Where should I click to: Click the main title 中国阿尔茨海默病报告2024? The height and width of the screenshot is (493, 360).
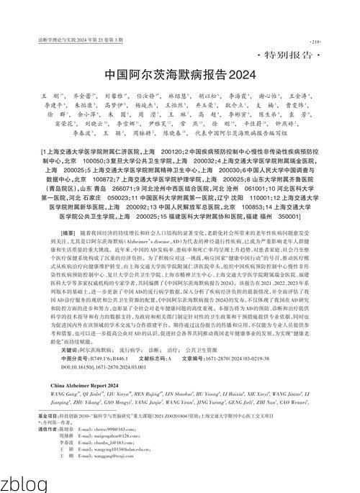pos(180,74)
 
